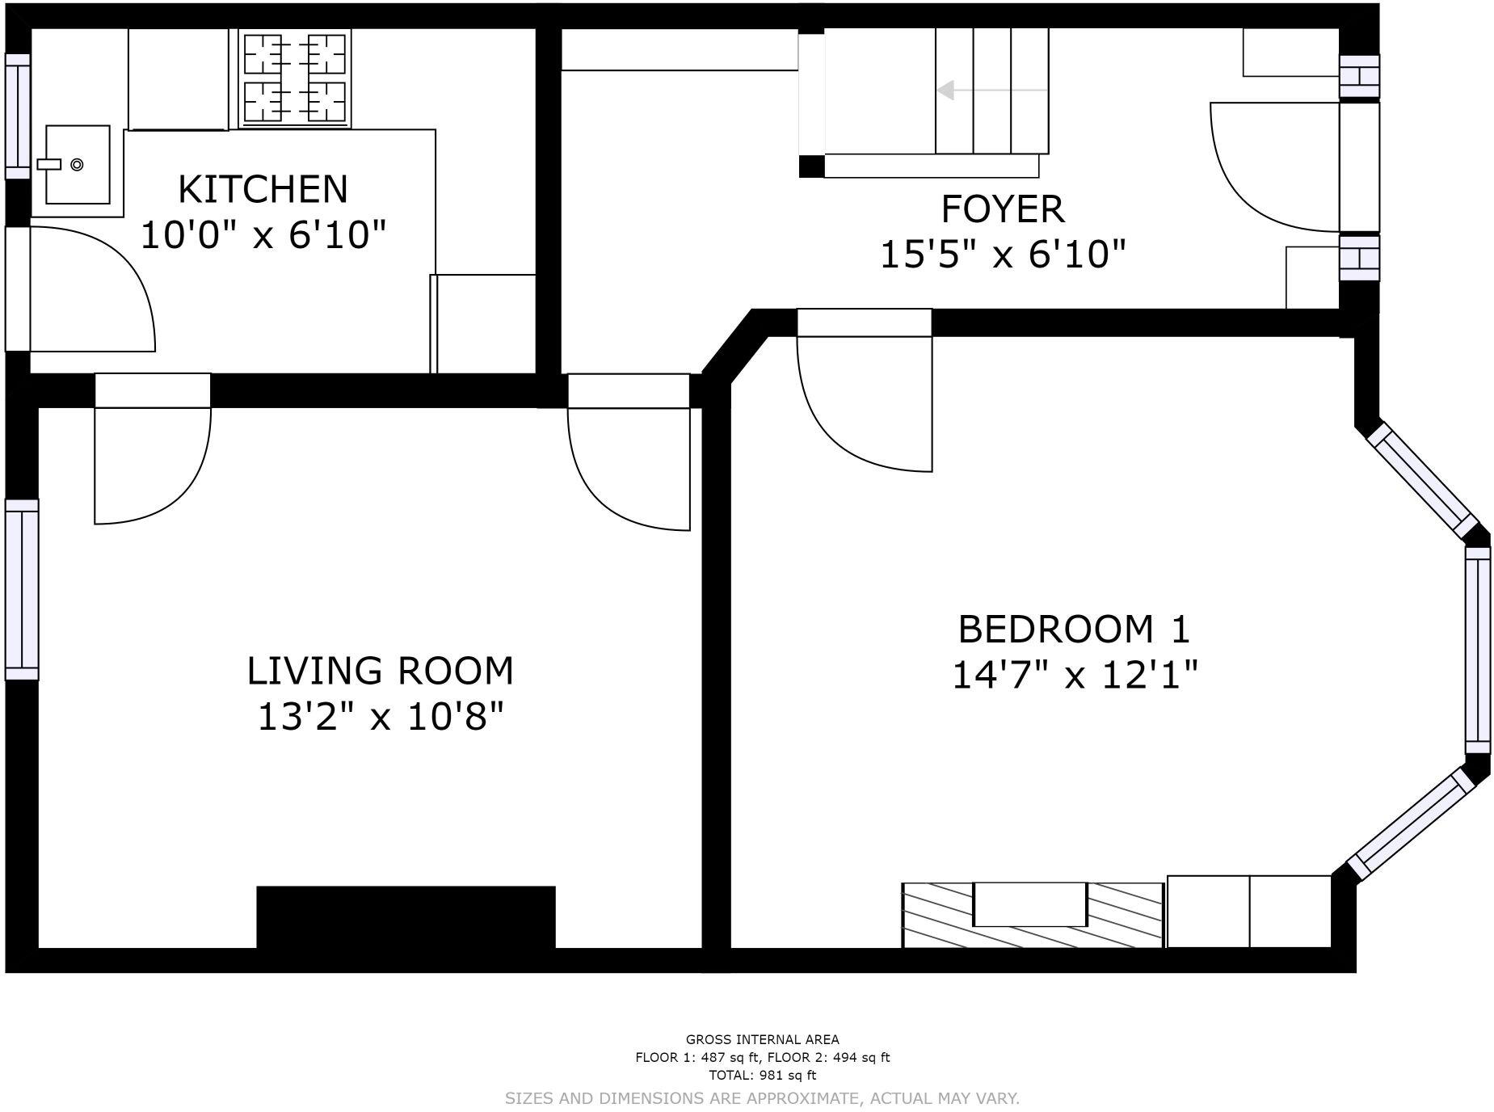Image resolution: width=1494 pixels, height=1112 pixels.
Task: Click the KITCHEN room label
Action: point(263,189)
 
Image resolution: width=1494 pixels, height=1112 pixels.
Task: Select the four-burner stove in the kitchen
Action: point(295,78)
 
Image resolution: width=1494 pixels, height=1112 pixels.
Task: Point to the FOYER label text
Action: point(1003,209)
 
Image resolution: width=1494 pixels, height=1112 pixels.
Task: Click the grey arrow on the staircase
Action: point(992,90)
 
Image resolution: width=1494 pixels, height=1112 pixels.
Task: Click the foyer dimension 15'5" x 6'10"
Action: point(1003,255)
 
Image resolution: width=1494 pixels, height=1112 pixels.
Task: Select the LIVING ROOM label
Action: point(380,671)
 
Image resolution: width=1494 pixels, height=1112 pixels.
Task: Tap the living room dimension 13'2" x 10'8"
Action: point(380,716)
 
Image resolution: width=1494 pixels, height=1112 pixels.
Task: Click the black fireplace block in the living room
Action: point(406,917)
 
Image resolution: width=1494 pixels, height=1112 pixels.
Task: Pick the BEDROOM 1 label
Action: point(1074,629)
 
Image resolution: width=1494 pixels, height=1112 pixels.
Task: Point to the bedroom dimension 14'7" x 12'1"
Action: point(1074,674)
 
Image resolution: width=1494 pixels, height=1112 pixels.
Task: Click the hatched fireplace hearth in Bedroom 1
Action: point(1033,915)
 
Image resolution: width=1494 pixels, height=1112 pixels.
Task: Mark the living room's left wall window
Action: point(22,590)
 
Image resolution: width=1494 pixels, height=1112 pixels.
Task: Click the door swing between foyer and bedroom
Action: point(865,404)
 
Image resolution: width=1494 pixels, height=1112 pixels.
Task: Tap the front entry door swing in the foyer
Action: point(1275,167)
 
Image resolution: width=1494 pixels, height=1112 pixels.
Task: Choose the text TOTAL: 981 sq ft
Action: point(762,1075)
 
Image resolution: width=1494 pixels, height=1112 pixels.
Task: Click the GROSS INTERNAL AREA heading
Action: point(762,1039)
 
